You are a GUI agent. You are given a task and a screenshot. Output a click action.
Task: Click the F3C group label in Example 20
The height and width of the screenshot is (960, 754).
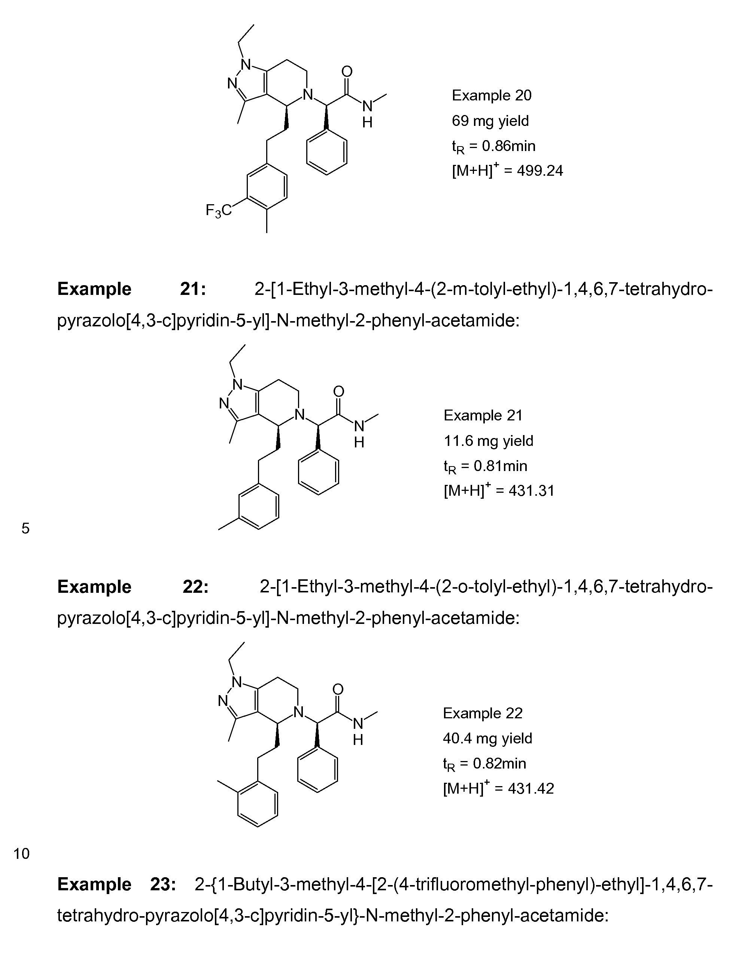coord(219,211)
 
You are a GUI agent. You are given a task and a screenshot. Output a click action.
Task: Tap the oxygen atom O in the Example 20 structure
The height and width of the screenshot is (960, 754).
coord(347,72)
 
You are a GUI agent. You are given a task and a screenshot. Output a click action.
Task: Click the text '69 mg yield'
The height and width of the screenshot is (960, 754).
coord(490,121)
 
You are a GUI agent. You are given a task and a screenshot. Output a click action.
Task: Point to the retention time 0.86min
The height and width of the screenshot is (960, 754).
coord(508,146)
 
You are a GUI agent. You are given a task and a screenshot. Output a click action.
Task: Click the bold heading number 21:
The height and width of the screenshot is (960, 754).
coord(193,289)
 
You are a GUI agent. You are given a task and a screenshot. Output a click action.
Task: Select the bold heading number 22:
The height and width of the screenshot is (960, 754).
coord(195,587)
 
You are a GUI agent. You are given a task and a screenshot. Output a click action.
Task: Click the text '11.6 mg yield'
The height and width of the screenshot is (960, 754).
coord(488,440)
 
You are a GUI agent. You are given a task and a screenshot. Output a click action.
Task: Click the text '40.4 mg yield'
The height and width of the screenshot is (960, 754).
coord(487,738)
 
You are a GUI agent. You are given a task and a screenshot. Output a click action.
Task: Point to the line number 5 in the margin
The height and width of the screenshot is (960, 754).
coord(25,528)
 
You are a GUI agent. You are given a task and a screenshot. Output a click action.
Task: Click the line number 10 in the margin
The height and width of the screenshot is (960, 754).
coord(22,854)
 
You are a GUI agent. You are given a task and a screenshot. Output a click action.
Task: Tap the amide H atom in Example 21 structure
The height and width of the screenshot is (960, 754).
coord(359,442)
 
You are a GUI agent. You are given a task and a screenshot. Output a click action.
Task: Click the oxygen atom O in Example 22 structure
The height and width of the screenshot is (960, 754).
coord(338,689)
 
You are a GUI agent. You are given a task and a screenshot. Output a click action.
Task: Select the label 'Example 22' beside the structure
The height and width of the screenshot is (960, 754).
coord(483,713)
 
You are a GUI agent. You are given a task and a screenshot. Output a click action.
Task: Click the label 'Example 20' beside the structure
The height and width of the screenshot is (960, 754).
coord(492,96)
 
